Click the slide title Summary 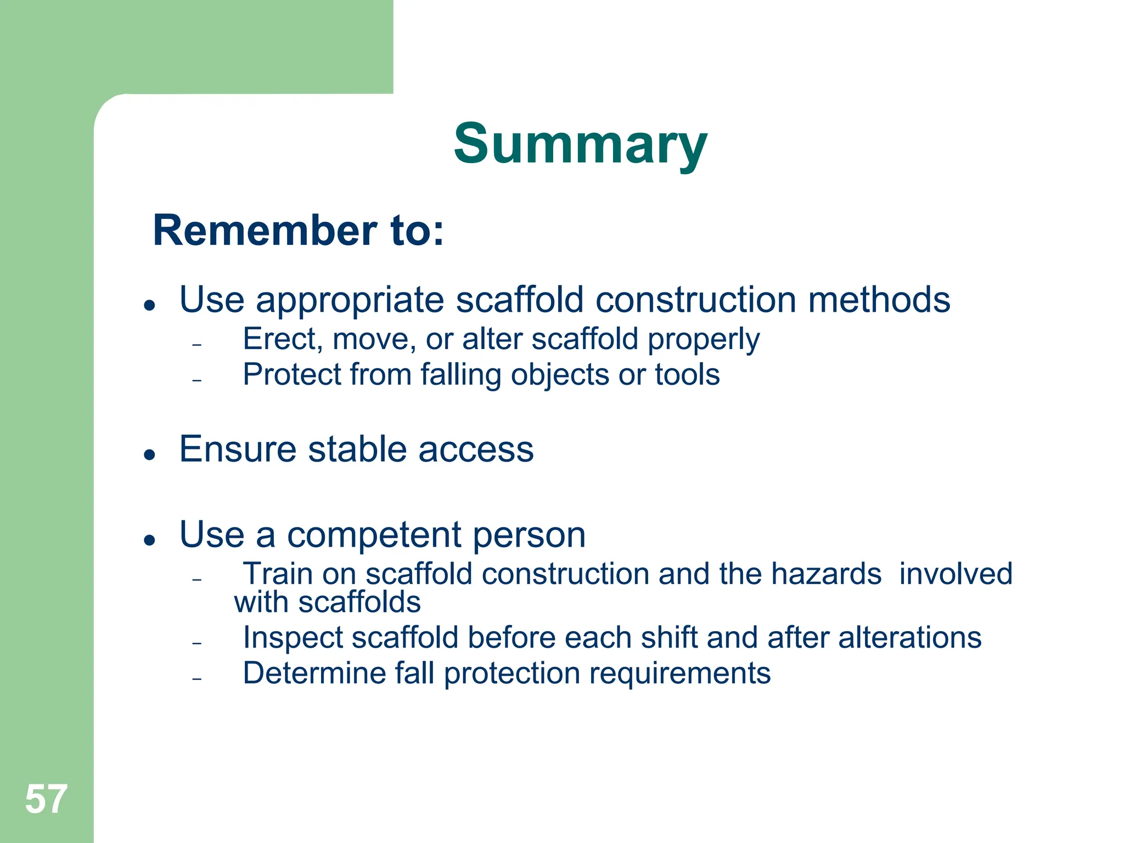[x=580, y=144]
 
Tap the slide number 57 [x=46, y=799]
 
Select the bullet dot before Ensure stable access [x=149, y=454]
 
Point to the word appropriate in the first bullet [x=350, y=301]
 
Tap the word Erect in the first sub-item [x=279, y=339]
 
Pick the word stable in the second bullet [x=357, y=449]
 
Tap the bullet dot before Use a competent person [x=149, y=540]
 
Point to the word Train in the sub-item [x=277, y=574]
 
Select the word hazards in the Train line [x=826, y=574]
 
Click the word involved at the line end [x=956, y=574]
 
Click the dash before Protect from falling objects [x=198, y=380]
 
